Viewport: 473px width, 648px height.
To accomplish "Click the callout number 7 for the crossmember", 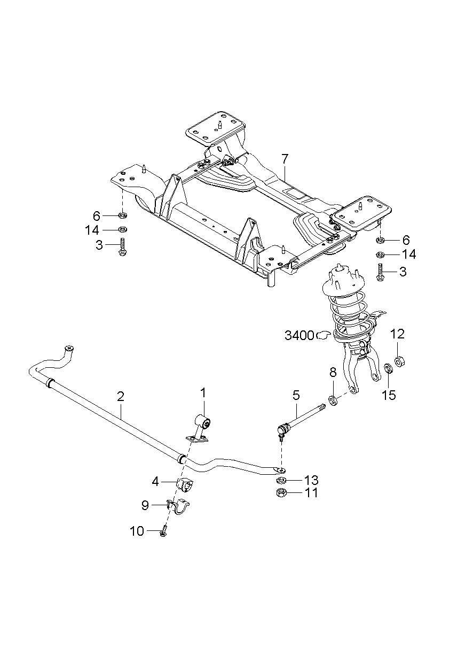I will [285, 159].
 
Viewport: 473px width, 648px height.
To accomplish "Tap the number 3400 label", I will [299, 336].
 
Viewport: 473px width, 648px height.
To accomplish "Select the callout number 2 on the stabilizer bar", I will [121, 396].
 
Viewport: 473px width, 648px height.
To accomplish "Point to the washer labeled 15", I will [389, 369].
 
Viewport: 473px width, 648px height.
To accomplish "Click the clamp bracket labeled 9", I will [180, 505].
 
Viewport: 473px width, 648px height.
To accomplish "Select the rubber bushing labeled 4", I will [184, 485].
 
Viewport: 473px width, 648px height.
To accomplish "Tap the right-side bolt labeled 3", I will [380, 272].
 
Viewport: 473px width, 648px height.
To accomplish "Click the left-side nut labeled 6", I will [122, 216].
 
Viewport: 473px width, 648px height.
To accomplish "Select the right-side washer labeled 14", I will [380, 254].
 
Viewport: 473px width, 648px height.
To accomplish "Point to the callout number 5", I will [296, 396].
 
